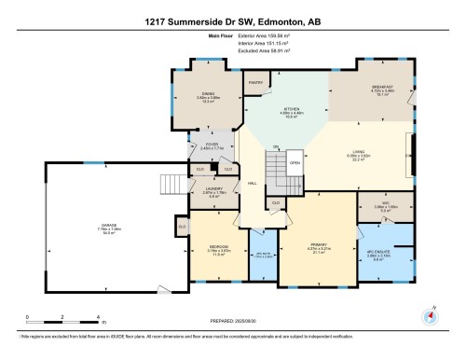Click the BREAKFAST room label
coord(381,87)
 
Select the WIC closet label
coord(379,207)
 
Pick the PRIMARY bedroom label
coord(319,247)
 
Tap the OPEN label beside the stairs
coord(295,160)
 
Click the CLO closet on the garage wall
coord(183,226)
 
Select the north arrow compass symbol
coord(430,315)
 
